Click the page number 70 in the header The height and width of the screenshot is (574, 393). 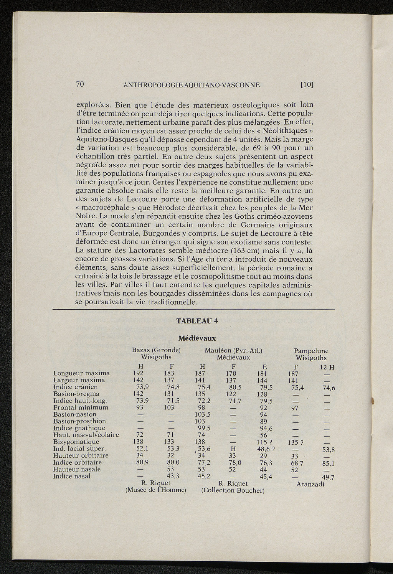tap(80, 84)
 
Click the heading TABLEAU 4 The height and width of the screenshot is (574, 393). tap(196, 322)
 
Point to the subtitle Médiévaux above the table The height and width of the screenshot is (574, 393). tap(197, 338)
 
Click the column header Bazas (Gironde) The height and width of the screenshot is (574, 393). tap(156, 350)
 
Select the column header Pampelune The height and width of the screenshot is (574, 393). tap(311, 351)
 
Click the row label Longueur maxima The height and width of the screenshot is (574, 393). tap(81, 373)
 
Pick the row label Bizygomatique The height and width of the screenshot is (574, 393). tap(76, 442)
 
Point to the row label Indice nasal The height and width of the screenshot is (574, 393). tap(72, 476)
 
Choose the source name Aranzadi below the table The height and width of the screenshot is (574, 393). tap(310, 484)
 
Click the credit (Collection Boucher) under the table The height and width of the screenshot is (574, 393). tap(233, 490)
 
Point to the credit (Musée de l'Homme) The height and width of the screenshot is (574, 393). tap(156, 490)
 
